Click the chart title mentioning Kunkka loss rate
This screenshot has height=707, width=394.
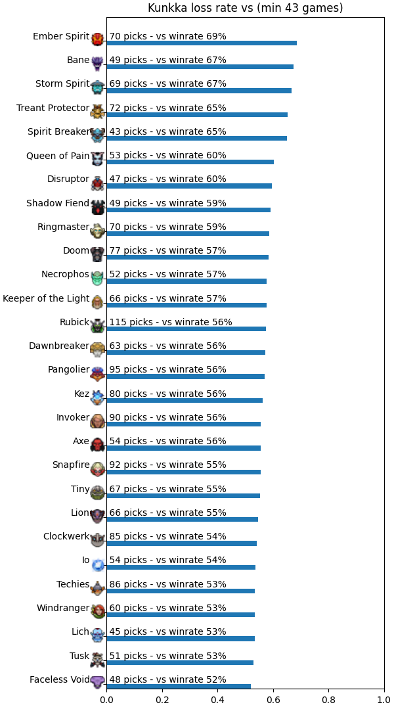[x=245, y=8]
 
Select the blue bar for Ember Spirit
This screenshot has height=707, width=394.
[x=202, y=43]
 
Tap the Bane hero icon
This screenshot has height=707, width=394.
[x=97, y=63]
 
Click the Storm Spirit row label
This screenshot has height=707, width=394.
[x=62, y=84]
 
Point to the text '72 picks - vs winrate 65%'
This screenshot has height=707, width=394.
[x=167, y=108]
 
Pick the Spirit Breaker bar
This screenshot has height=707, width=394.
[x=196, y=138]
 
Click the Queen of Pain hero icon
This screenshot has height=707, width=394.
[x=97, y=158]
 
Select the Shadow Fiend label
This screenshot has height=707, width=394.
[x=58, y=203]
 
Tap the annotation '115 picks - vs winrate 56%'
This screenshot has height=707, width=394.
[x=171, y=322]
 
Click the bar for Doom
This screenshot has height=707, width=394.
[x=188, y=257]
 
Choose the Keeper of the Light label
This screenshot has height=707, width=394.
[x=46, y=298]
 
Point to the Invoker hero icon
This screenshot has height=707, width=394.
[x=97, y=421]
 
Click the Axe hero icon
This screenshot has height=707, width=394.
[x=97, y=444]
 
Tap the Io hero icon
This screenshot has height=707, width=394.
[x=97, y=564]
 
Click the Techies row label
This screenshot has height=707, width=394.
[x=73, y=584]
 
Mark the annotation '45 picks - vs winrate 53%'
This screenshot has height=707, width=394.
[x=167, y=631]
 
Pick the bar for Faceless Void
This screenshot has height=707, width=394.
[x=179, y=686]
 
